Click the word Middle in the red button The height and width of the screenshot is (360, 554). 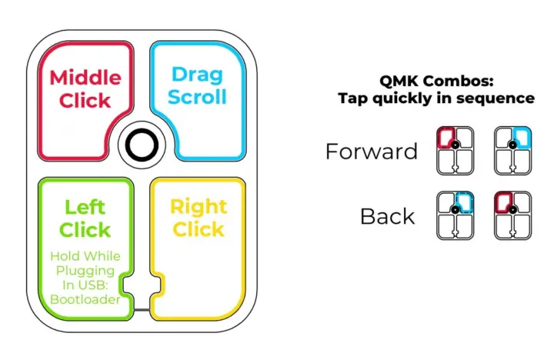tap(85, 78)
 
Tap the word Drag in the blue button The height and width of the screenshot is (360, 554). tap(197, 75)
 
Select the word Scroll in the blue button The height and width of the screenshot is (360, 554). tap(197, 97)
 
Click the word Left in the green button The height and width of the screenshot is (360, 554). tap(85, 207)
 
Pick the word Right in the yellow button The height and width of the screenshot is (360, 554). tap(199, 207)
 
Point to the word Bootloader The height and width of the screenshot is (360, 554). tap(85, 299)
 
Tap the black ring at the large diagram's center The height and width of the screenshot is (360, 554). tap(142, 145)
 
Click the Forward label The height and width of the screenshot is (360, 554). tap(372, 152)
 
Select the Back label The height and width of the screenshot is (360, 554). tap(387, 216)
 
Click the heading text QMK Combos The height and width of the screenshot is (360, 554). tap(436, 81)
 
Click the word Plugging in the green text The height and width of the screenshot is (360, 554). tap(85, 272)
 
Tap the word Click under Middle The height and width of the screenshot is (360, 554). tap(85, 100)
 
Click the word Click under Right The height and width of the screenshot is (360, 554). tap(199, 229)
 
